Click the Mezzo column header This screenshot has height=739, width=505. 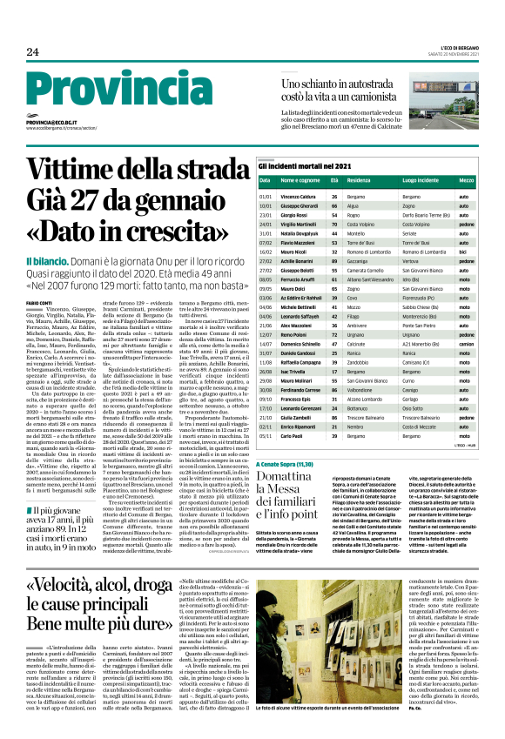466,180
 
